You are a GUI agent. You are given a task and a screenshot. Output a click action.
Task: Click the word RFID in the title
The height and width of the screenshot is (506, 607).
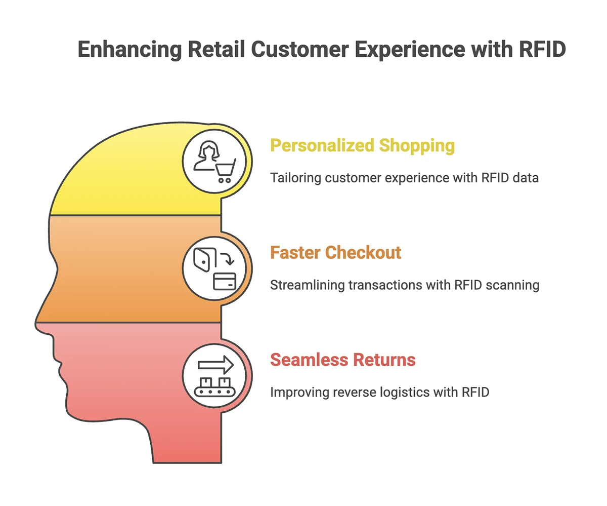pos(542,49)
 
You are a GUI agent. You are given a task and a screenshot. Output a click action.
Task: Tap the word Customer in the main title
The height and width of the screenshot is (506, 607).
pos(300,49)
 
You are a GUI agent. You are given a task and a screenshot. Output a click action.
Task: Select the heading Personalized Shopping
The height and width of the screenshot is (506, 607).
pos(362,145)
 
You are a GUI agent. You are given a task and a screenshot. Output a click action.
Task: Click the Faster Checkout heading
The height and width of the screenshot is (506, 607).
pos(335,252)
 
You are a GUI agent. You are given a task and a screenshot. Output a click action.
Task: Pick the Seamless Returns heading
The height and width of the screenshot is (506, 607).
pos(343,360)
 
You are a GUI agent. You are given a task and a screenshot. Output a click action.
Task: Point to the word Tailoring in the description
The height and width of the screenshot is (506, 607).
pos(295,178)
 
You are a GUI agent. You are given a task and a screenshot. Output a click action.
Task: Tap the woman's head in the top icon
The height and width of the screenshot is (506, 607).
pos(208,149)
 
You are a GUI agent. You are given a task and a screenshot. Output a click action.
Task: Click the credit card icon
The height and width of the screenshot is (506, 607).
pos(225,282)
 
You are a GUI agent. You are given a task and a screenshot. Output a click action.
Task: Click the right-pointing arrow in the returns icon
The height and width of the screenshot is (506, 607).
pos(215,365)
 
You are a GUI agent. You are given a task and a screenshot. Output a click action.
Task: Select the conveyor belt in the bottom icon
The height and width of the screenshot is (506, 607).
pos(214,392)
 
